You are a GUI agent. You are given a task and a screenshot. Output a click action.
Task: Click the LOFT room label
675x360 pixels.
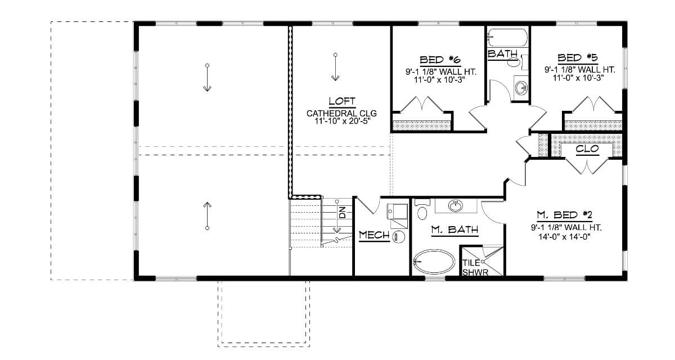pos(342,102)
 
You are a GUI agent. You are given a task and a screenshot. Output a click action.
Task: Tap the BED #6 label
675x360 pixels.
pos(440,59)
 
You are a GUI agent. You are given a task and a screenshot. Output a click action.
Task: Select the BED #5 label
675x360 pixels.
pos(578,57)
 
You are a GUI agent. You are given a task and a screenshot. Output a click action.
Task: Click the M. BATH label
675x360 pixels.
pos(454,229)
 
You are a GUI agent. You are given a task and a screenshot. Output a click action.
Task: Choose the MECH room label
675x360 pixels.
pos(374,235)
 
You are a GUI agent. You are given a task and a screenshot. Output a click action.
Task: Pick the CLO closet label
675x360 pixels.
pos(586,150)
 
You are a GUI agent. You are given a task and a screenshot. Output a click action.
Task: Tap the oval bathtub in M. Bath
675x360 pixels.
pos(434,262)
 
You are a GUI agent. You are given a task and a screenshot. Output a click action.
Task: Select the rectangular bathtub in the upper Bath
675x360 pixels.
pos(507,38)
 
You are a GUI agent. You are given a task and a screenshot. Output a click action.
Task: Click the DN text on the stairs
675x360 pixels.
pos(341,213)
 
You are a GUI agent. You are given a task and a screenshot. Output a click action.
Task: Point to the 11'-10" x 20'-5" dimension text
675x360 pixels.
pos(342,121)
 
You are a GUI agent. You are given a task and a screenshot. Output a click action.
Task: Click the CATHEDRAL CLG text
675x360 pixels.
pos(342,113)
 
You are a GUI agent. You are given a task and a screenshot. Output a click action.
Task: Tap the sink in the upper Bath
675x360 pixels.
pos(522,88)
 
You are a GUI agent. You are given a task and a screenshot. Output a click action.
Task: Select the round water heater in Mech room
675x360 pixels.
pos(399,237)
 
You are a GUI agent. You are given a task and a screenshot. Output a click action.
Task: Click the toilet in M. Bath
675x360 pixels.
pos(423,211)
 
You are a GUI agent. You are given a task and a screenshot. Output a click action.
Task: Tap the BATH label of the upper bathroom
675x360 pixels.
pos(502,54)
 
